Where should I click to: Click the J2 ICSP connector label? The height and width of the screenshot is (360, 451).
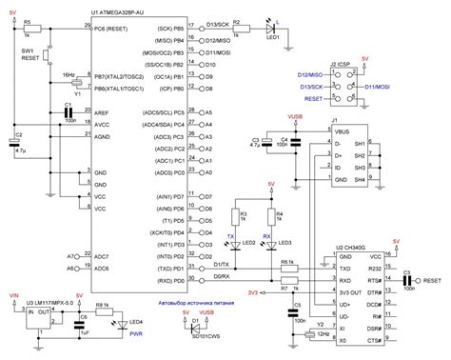(341, 64)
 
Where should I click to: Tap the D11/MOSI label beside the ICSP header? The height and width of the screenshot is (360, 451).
(381, 85)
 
